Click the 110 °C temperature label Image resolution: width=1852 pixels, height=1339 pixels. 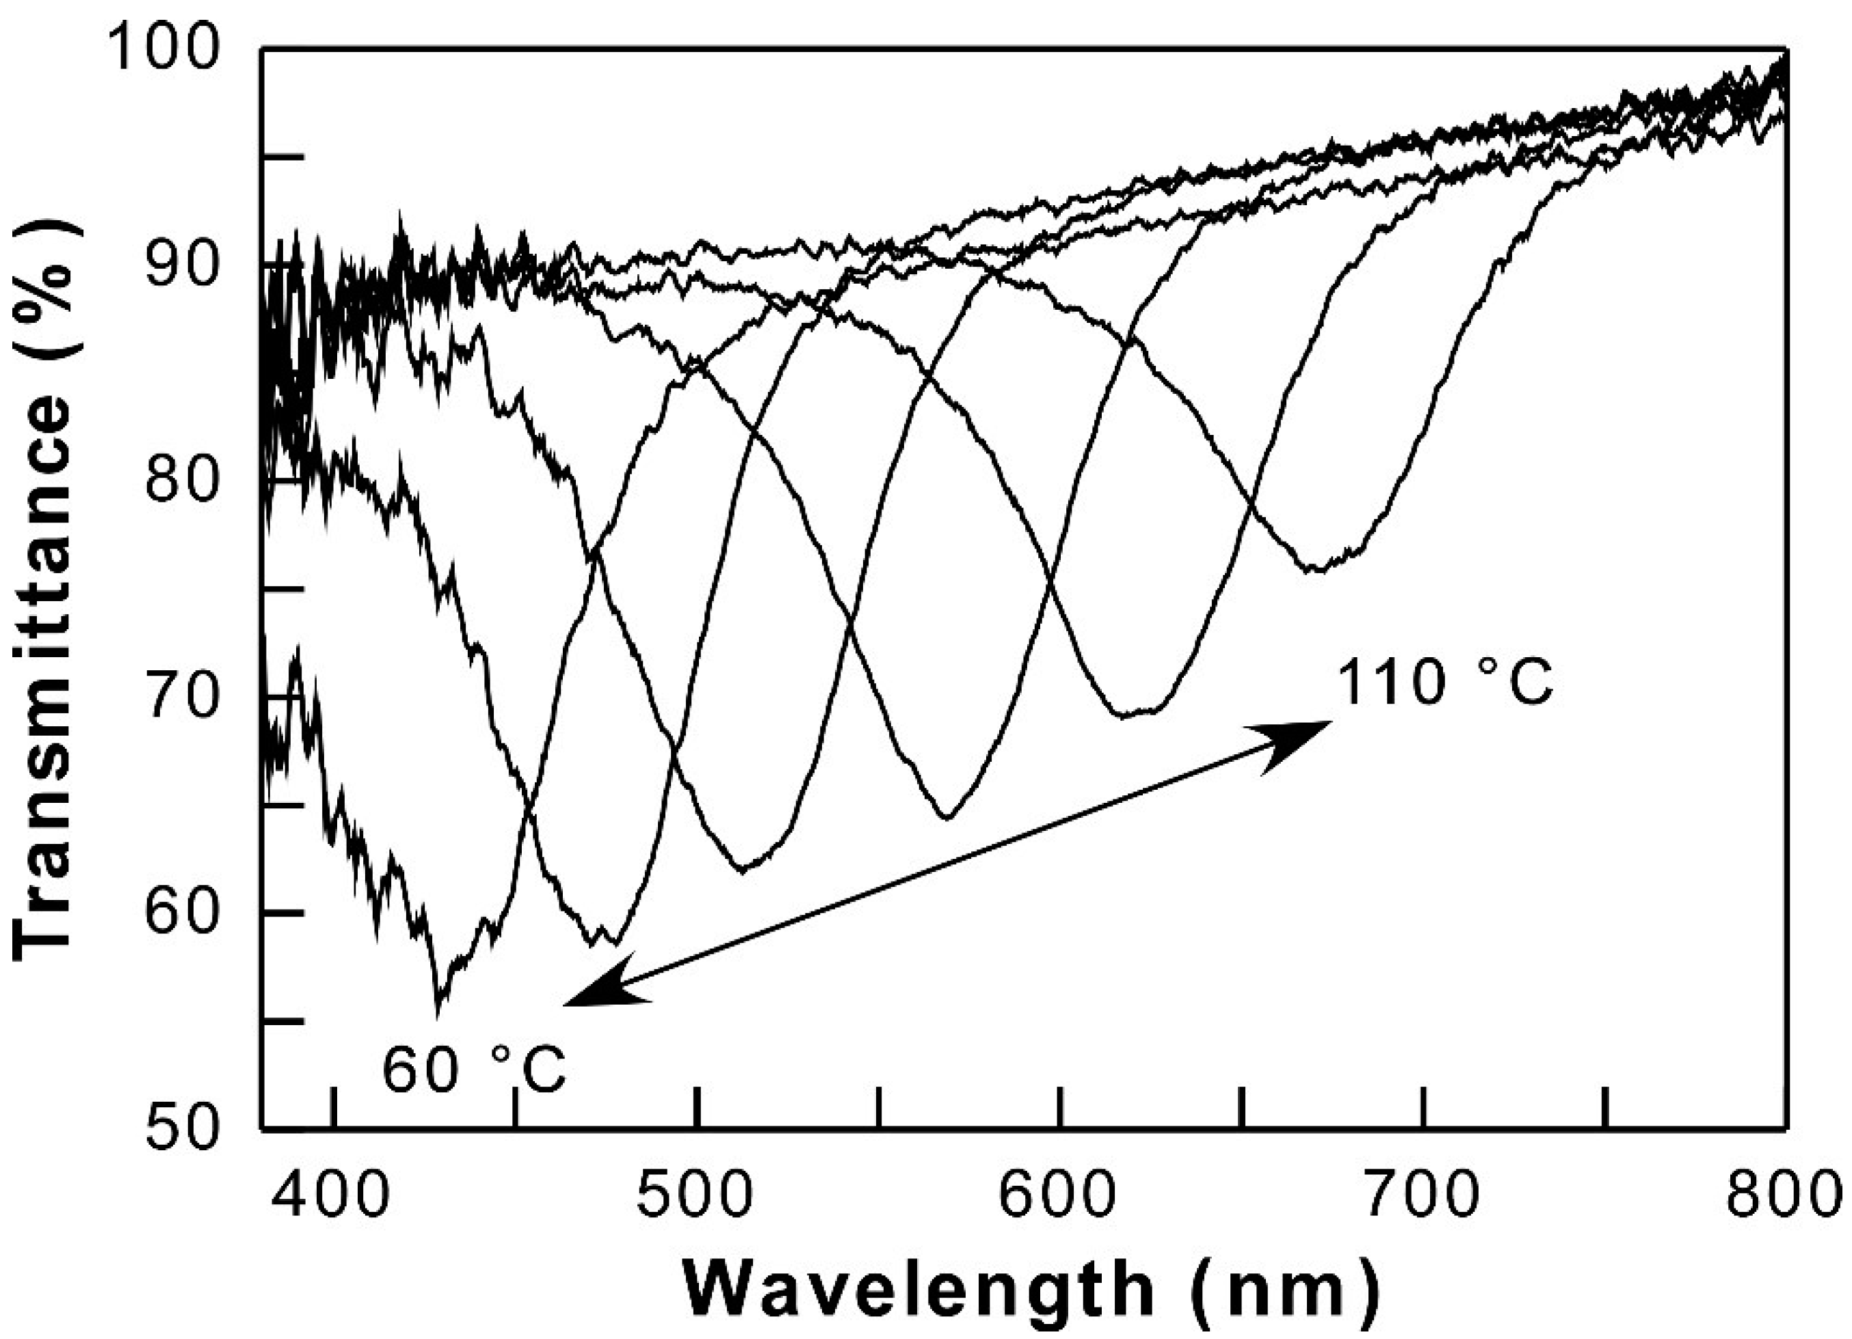(1443, 684)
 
